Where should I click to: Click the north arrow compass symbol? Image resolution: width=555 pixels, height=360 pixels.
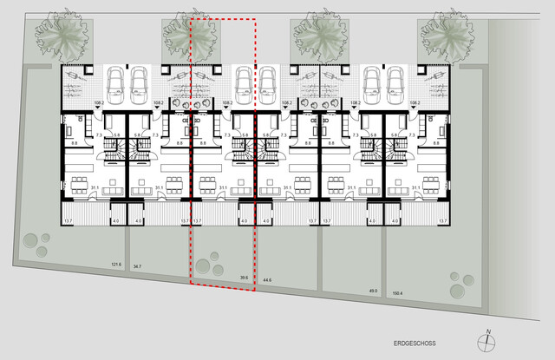coord(488,339)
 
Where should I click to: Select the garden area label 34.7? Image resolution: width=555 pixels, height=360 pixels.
coord(137,267)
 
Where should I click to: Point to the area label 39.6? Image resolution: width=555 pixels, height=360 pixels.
coord(245,278)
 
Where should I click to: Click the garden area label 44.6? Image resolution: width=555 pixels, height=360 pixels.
coord(267,281)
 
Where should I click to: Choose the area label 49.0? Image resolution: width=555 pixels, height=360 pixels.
coord(373,291)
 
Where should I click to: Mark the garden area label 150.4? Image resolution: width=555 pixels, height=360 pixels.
coord(398,294)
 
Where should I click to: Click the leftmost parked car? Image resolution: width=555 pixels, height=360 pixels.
coord(115,82)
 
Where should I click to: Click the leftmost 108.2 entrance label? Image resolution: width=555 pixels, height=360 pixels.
coord(98,103)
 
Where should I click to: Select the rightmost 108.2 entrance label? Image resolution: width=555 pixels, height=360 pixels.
coord(414,103)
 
